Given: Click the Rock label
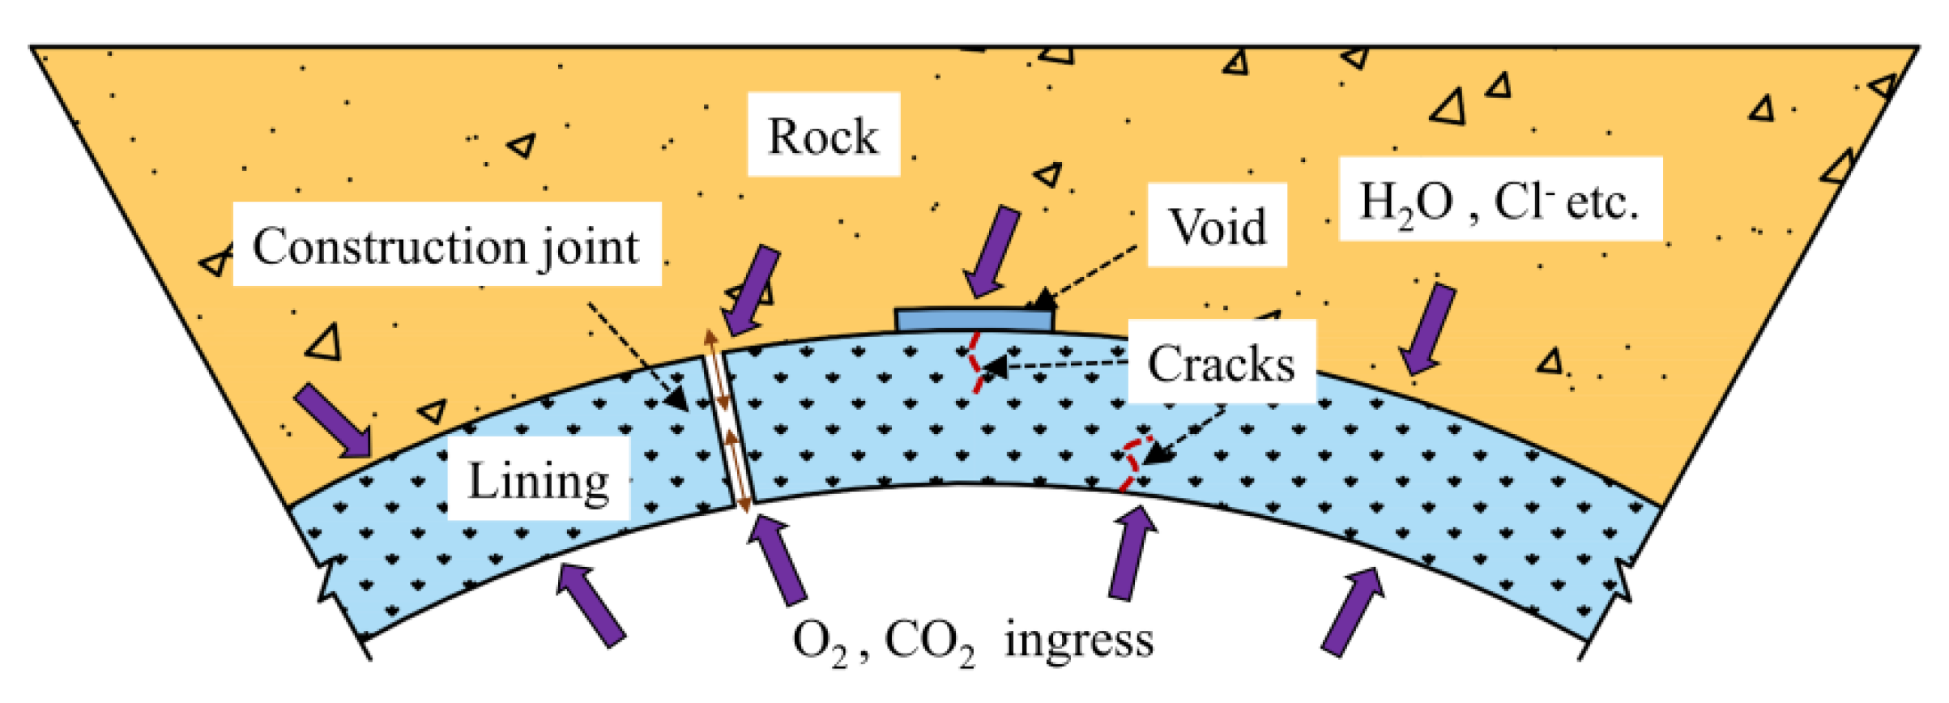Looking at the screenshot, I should tap(822, 136).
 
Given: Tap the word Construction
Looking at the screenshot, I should tap(389, 246).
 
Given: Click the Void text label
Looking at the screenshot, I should tap(1217, 226).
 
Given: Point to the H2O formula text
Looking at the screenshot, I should tap(1406, 202).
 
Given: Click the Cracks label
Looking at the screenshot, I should tap(1221, 364).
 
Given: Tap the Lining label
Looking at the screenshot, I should tap(539, 481).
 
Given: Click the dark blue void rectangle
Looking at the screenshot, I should tap(974, 320).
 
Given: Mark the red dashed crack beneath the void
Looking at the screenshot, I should tap(975, 363).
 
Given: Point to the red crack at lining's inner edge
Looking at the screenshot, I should tap(1131, 465).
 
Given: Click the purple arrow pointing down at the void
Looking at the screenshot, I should tap(992, 250).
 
